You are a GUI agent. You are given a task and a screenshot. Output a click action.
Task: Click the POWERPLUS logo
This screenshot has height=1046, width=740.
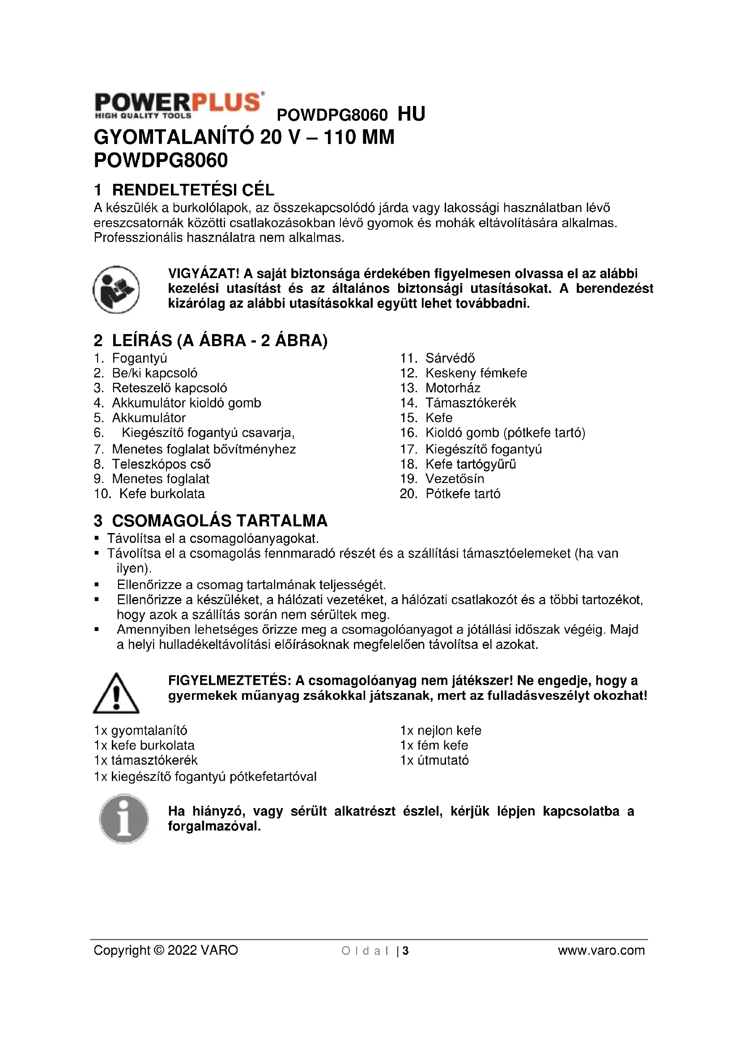tap(179, 105)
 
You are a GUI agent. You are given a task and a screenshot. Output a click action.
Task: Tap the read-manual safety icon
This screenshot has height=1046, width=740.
tap(116, 289)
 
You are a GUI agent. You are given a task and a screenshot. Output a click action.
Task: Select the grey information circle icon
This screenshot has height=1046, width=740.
tap(123, 819)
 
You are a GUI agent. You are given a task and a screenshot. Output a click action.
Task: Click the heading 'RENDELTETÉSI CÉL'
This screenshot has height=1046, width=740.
tap(193, 190)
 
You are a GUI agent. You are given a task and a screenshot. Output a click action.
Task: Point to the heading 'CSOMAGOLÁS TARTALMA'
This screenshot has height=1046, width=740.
tap(220, 520)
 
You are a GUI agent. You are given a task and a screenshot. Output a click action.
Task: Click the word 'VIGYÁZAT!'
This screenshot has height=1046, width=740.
tap(204, 274)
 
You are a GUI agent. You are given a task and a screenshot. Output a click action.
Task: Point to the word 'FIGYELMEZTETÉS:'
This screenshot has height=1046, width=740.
tap(230, 681)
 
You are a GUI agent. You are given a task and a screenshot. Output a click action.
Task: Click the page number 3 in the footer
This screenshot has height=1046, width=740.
tap(405, 951)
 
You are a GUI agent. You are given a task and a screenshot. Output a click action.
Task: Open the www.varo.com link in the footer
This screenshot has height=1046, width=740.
tap(601, 951)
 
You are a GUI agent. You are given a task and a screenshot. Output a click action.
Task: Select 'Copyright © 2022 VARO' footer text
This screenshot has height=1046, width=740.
tap(166, 951)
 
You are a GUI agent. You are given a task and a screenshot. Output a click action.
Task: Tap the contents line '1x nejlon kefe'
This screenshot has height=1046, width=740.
tap(441, 730)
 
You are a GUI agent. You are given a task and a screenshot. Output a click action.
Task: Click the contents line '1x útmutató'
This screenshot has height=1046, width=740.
tap(434, 760)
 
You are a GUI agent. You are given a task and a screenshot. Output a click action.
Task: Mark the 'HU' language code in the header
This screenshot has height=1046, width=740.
tap(411, 114)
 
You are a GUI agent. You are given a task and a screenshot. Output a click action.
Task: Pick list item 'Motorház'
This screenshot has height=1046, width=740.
tap(452, 388)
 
